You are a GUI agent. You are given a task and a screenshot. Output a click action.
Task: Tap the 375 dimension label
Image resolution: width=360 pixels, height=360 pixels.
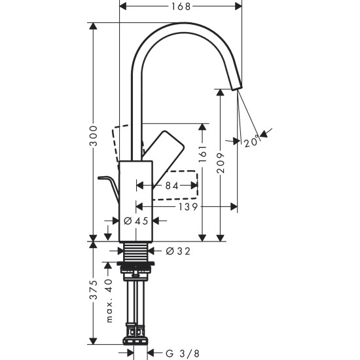point(94,289)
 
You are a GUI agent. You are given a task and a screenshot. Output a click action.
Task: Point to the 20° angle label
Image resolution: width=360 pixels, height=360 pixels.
point(251,141)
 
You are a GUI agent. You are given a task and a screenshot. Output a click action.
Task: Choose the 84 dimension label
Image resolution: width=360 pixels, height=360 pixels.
point(171,187)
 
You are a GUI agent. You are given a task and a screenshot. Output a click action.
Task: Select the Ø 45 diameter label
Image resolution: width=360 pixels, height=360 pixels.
point(137,221)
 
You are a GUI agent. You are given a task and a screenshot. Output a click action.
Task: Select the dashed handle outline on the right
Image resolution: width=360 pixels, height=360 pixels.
point(177,185)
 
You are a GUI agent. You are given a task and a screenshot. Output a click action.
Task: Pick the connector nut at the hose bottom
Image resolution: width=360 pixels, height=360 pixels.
point(136,342)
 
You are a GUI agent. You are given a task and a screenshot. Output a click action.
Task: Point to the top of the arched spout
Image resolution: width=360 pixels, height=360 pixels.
point(187,25)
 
